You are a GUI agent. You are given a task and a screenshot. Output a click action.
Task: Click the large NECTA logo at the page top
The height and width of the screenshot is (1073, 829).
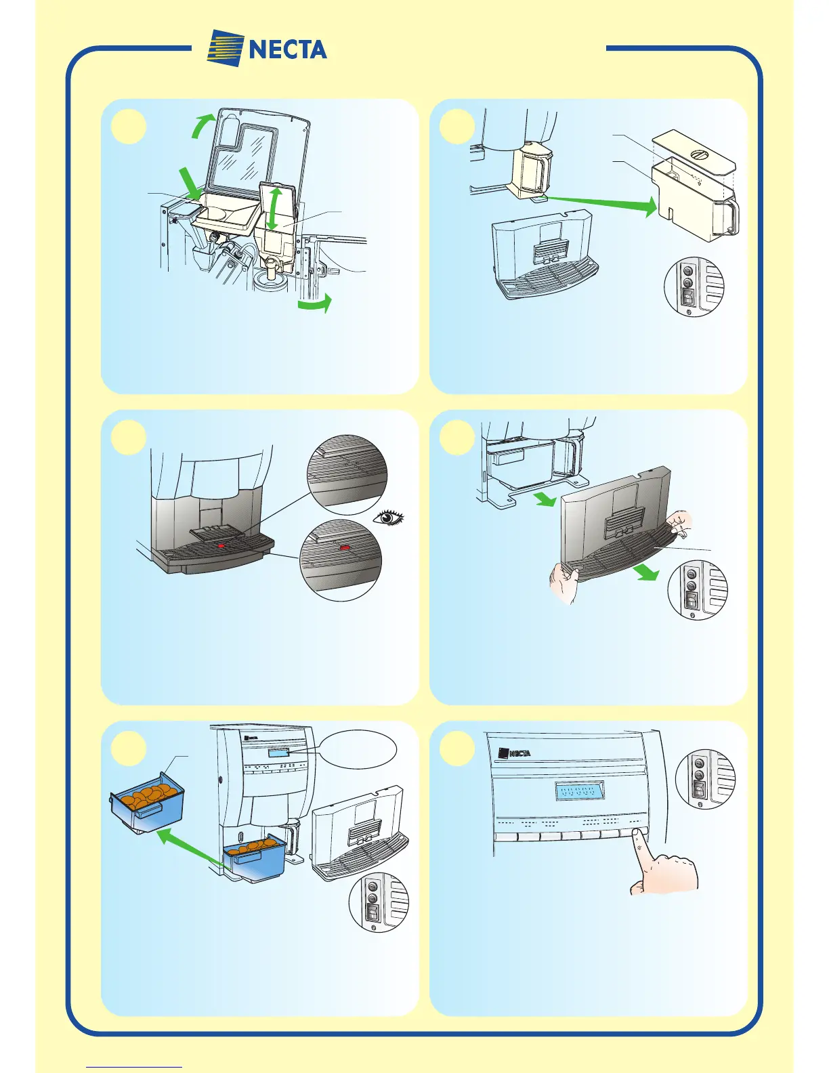pyautogui.click(x=268, y=48)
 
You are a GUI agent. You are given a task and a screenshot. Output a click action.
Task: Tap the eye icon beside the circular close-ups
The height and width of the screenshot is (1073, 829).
pyautogui.click(x=389, y=518)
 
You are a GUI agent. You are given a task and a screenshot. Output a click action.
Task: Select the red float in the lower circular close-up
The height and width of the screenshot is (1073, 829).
pyautogui.click(x=345, y=546)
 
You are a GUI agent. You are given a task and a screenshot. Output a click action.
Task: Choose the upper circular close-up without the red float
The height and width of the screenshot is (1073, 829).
pyautogui.click(x=347, y=473)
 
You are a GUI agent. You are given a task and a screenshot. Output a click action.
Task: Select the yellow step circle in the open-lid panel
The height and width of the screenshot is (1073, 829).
pyautogui.click(x=128, y=127)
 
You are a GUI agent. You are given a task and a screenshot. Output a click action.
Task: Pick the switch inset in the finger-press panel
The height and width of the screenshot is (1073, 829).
pyautogui.click(x=704, y=779)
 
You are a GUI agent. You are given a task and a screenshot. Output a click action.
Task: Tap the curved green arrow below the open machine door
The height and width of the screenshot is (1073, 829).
pyautogui.click(x=315, y=306)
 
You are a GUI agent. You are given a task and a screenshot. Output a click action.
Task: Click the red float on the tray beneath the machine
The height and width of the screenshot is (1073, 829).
pyautogui.click(x=220, y=544)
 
